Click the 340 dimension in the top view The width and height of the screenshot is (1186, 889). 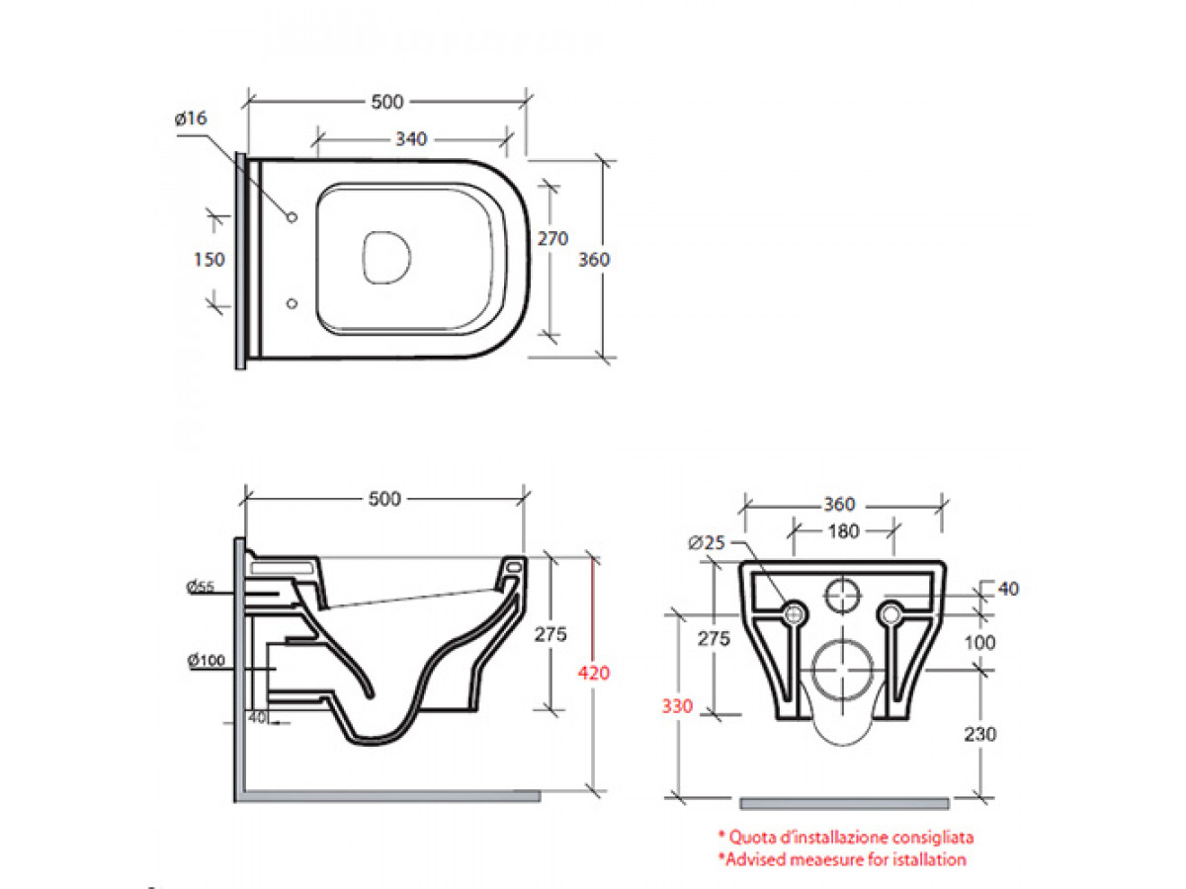pyautogui.click(x=410, y=139)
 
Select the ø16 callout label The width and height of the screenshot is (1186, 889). pyautogui.click(x=191, y=119)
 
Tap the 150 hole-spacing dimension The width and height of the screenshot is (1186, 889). pyautogui.click(x=210, y=260)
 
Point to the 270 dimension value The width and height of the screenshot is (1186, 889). pyautogui.click(x=551, y=238)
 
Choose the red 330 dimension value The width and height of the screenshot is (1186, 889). pyautogui.click(x=679, y=707)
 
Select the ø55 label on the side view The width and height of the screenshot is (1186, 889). pyautogui.click(x=200, y=588)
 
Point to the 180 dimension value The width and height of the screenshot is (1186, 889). pyautogui.click(x=843, y=530)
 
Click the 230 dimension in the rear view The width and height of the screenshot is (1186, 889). pyautogui.click(x=982, y=734)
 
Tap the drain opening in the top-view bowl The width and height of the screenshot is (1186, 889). pyautogui.click(x=385, y=259)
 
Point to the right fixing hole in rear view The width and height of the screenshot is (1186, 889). pyautogui.click(x=891, y=614)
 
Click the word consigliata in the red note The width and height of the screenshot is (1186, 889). pyautogui.click(x=927, y=838)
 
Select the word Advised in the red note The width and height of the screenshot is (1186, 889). pyautogui.click(x=758, y=859)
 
